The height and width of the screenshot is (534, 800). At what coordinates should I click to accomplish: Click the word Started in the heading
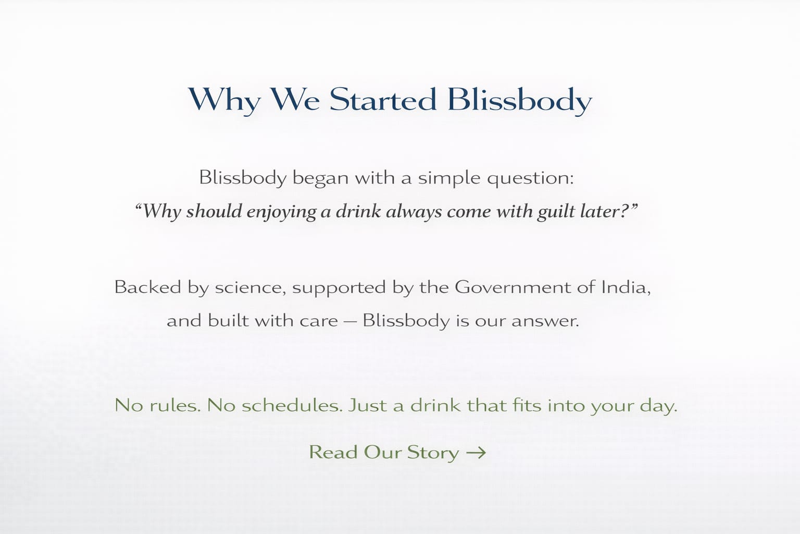pos(383,100)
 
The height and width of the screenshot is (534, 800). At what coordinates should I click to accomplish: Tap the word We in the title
pos(295,100)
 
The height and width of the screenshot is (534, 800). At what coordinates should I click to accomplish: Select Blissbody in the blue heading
pos(520,101)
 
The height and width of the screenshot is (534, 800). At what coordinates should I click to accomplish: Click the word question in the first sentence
pos(531,178)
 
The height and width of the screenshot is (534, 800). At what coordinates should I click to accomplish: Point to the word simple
pos(449,178)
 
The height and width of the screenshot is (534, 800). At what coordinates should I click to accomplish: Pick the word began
pos(320,178)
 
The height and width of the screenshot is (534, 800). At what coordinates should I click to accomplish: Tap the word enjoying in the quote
pos(281,212)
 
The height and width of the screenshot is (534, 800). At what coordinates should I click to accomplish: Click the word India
pos(626,287)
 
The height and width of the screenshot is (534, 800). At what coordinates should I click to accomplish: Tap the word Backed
pos(147,287)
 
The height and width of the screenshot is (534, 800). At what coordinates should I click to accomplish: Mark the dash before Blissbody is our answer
pos(350,321)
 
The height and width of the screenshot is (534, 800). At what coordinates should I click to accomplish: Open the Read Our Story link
pos(397,453)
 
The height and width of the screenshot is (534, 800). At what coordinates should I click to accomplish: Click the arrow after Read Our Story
pos(476,453)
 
